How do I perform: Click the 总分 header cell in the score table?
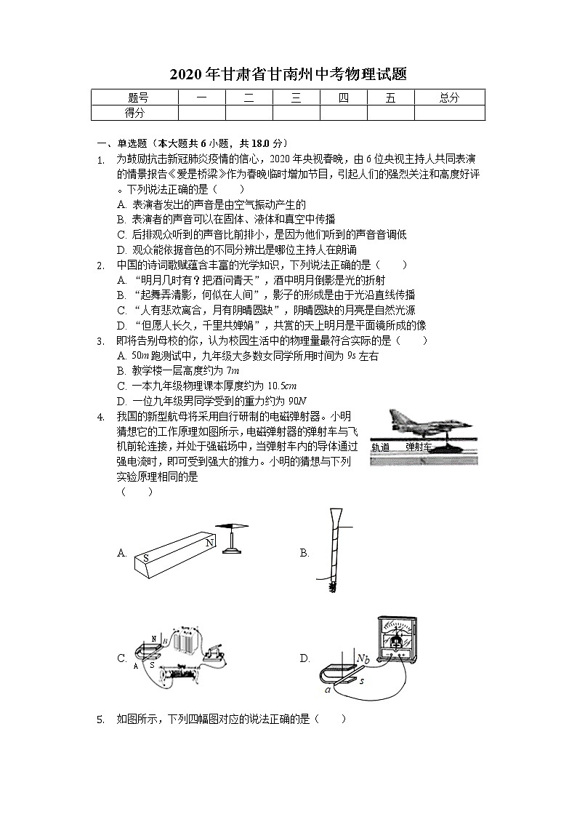click(449, 98)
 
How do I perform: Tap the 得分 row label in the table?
click(134, 113)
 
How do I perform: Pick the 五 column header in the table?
click(391, 98)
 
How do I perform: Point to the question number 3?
click(101, 340)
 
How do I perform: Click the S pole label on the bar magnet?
click(146, 558)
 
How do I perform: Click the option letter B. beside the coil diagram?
click(304, 554)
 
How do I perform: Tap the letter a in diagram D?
click(328, 689)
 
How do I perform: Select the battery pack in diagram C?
click(187, 641)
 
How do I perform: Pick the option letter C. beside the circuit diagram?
click(122, 658)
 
